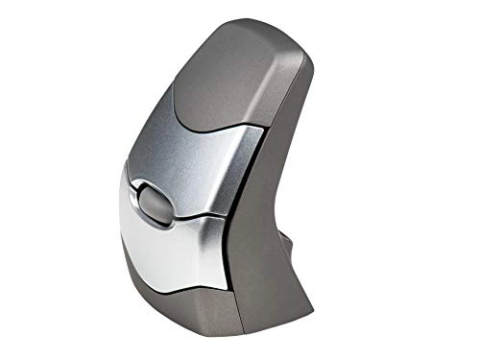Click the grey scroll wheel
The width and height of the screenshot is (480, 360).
154,204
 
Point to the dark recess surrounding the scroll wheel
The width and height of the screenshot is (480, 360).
139,192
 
